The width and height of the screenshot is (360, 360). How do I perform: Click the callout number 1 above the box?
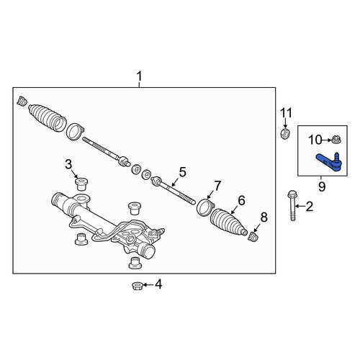(140, 77)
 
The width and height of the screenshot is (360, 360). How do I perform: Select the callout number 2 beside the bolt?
(310, 207)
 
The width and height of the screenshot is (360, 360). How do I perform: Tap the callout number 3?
(68, 165)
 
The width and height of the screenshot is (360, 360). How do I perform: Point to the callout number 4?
(158, 284)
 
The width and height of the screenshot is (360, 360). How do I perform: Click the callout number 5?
(182, 172)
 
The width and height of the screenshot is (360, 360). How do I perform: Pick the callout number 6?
(241, 200)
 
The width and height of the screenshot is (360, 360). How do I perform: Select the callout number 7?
(217, 186)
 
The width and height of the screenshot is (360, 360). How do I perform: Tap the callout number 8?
(264, 217)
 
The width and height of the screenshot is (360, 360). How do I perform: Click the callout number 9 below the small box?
(322, 186)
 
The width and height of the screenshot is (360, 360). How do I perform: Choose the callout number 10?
(315, 140)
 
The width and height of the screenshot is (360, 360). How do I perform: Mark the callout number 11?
(287, 113)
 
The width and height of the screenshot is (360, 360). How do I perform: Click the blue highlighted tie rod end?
(328, 162)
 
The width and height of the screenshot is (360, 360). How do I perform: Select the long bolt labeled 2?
(292, 205)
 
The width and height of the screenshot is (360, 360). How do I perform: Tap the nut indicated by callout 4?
(138, 286)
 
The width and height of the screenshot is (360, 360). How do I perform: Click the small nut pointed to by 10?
(336, 140)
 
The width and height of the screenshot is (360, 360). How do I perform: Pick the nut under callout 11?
(286, 134)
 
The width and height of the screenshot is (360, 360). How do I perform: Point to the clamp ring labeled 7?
(204, 207)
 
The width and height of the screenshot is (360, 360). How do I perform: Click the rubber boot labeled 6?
(228, 222)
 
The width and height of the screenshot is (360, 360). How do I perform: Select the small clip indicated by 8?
(253, 237)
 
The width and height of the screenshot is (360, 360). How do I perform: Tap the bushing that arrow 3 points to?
(81, 184)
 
